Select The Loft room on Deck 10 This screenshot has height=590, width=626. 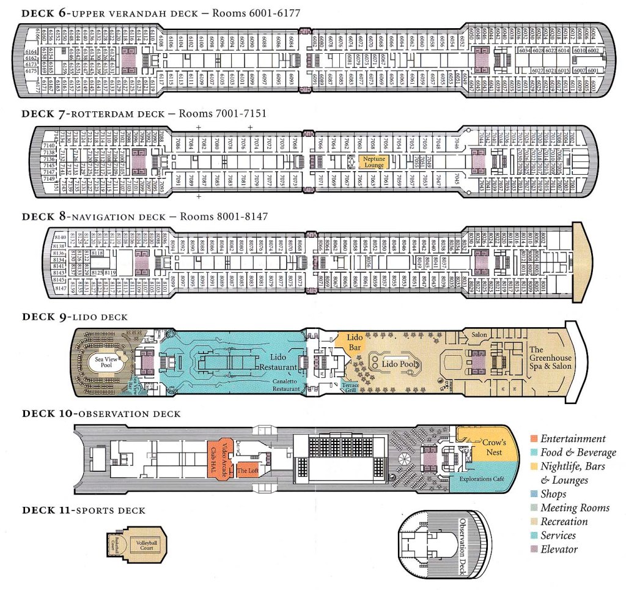pos(248,470)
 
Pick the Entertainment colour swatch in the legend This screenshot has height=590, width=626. pos(534,439)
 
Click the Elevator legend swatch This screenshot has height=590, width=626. pos(534,550)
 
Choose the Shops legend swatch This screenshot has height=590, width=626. pos(534,494)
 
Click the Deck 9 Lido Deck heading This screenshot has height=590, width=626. pos(75,317)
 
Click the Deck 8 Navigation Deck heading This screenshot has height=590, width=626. pos(144,216)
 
